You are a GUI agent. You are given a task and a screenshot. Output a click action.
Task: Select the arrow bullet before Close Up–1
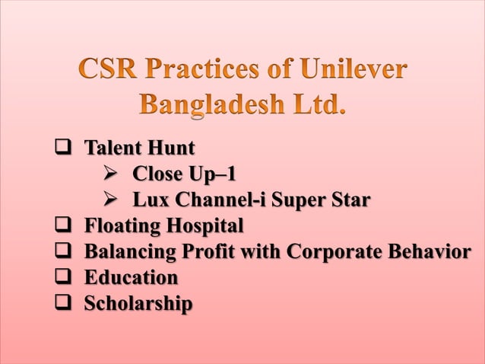(x=111, y=174)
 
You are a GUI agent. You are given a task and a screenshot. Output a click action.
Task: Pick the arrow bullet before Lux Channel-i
(x=111, y=200)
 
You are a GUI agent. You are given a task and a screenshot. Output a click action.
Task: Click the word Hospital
(x=204, y=226)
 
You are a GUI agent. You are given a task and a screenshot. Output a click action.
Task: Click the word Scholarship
(x=138, y=304)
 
